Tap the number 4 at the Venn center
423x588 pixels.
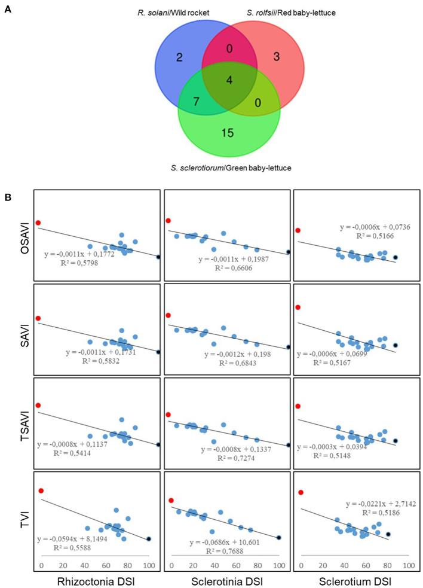click(x=230, y=81)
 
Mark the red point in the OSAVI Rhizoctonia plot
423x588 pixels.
click(x=38, y=223)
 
